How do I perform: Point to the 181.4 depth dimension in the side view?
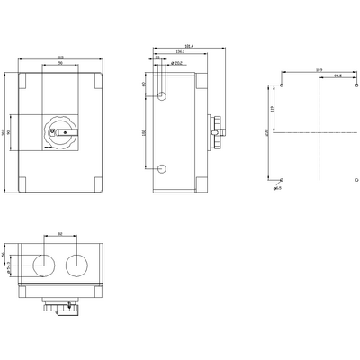tap(188, 46)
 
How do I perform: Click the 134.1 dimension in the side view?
tap(181, 52)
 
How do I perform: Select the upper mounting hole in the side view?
tap(163, 94)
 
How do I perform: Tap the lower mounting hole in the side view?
tap(163, 168)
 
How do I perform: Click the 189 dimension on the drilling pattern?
tap(318, 69)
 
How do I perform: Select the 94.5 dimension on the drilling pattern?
tap(337, 77)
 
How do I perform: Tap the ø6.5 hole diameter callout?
tap(279, 189)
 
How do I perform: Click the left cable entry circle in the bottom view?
tap(41, 264)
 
